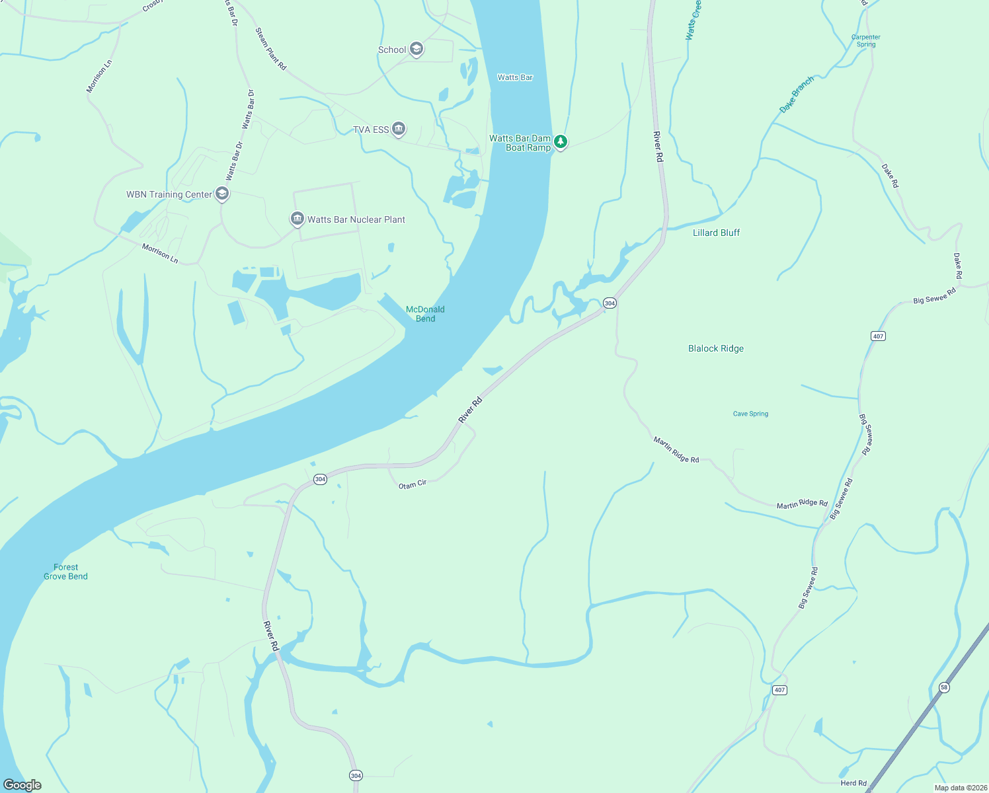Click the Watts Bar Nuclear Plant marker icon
297,219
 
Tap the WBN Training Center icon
223,194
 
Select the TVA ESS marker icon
399,129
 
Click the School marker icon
416,49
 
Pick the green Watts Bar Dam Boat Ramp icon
561,141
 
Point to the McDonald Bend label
425,314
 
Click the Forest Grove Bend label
65,572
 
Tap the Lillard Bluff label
716,233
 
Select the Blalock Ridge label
716,348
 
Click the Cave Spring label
750,414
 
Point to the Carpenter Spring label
866,41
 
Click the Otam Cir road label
413,485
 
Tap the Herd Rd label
853,783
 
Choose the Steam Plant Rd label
271,48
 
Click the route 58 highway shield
944,687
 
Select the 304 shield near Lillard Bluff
610,303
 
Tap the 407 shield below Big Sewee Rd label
878,336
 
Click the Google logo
22,784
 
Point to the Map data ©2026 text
960,788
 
